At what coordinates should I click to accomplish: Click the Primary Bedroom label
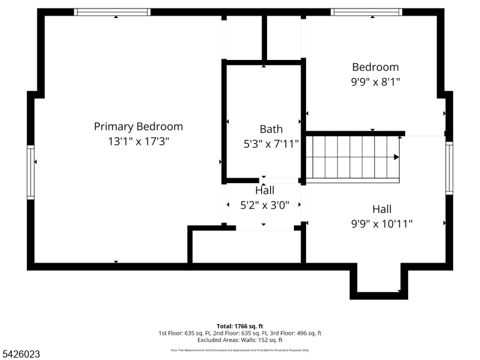[x=138, y=127]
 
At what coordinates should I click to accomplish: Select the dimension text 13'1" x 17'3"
[x=138, y=142]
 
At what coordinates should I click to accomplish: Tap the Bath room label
[x=271, y=129]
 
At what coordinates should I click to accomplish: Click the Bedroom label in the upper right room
[x=375, y=67]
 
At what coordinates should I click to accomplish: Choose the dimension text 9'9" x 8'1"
[x=375, y=82]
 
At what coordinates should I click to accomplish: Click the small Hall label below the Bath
[x=265, y=190]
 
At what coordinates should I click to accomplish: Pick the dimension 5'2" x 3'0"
[x=265, y=205]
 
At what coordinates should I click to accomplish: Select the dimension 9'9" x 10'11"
[x=382, y=224]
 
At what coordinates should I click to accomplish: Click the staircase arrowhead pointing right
[x=396, y=157]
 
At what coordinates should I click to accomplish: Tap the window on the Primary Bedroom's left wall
[x=31, y=172]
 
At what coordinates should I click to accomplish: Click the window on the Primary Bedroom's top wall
[x=112, y=12]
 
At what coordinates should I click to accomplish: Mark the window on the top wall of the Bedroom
[x=366, y=12]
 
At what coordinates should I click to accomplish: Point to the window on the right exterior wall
[x=449, y=169]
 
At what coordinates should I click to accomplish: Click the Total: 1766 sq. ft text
[x=239, y=326]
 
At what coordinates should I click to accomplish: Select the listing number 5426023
[x=21, y=355]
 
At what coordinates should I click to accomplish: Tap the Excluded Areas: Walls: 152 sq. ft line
[x=239, y=340]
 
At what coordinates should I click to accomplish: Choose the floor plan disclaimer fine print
[x=239, y=350]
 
